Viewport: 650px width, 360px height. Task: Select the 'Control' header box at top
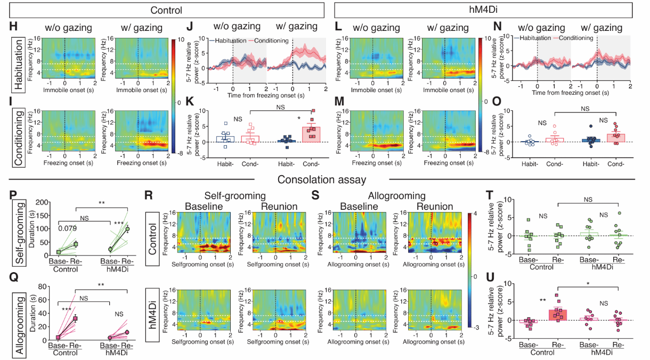coord(166,10)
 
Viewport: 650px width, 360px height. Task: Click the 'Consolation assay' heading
coord(325,180)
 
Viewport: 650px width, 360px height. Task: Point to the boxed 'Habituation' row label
coord(20,64)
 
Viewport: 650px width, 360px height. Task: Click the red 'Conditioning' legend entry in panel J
coord(271,40)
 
